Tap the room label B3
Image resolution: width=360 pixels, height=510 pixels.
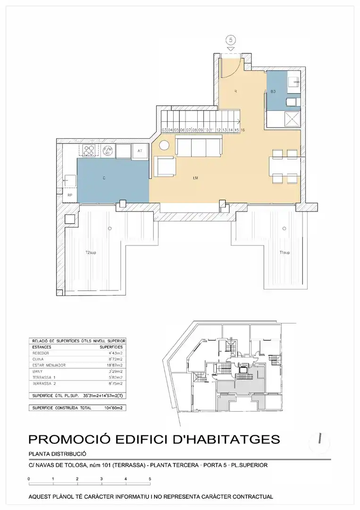[x=273, y=91]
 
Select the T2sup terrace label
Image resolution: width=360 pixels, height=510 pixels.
[x=91, y=253]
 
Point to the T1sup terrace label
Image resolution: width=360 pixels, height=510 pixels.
[x=285, y=253]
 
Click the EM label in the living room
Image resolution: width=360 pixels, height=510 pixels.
[x=195, y=178]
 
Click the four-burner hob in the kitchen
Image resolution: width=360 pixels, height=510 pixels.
[x=89, y=151]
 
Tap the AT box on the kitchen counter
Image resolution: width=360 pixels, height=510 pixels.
[x=140, y=151]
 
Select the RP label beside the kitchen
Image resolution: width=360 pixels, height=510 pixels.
[x=69, y=195]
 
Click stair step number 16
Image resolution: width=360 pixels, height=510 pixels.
[x=242, y=129]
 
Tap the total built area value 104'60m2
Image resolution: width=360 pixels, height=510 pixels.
[x=112, y=407]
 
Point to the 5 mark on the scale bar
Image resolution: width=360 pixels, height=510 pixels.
[x=150, y=479]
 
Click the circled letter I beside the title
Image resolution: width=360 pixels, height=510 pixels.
[x=320, y=439]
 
